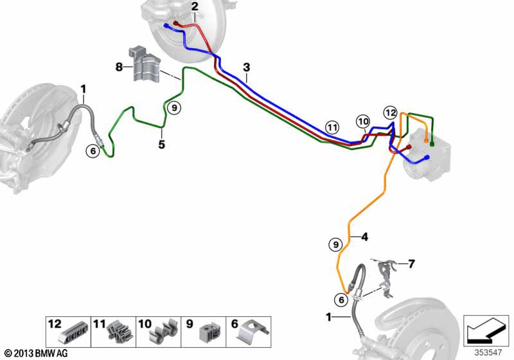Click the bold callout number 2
click(x=195, y=6)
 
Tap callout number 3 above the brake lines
click(x=247, y=67)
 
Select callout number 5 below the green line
click(x=162, y=144)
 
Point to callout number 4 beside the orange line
click(x=364, y=237)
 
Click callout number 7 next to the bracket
click(x=411, y=264)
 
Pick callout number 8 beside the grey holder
click(x=119, y=67)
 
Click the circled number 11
click(x=332, y=127)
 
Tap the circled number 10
click(x=363, y=122)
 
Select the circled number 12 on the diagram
click(x=391, y=113)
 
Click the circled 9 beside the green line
click(x=174, y=107)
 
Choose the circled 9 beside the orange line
click(x=335, y=244)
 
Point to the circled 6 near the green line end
click(x=93, y=151)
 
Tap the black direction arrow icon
click(x=486, y=330)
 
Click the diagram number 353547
click(x=488, y=353)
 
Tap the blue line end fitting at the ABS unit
click(x=427, y=157)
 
